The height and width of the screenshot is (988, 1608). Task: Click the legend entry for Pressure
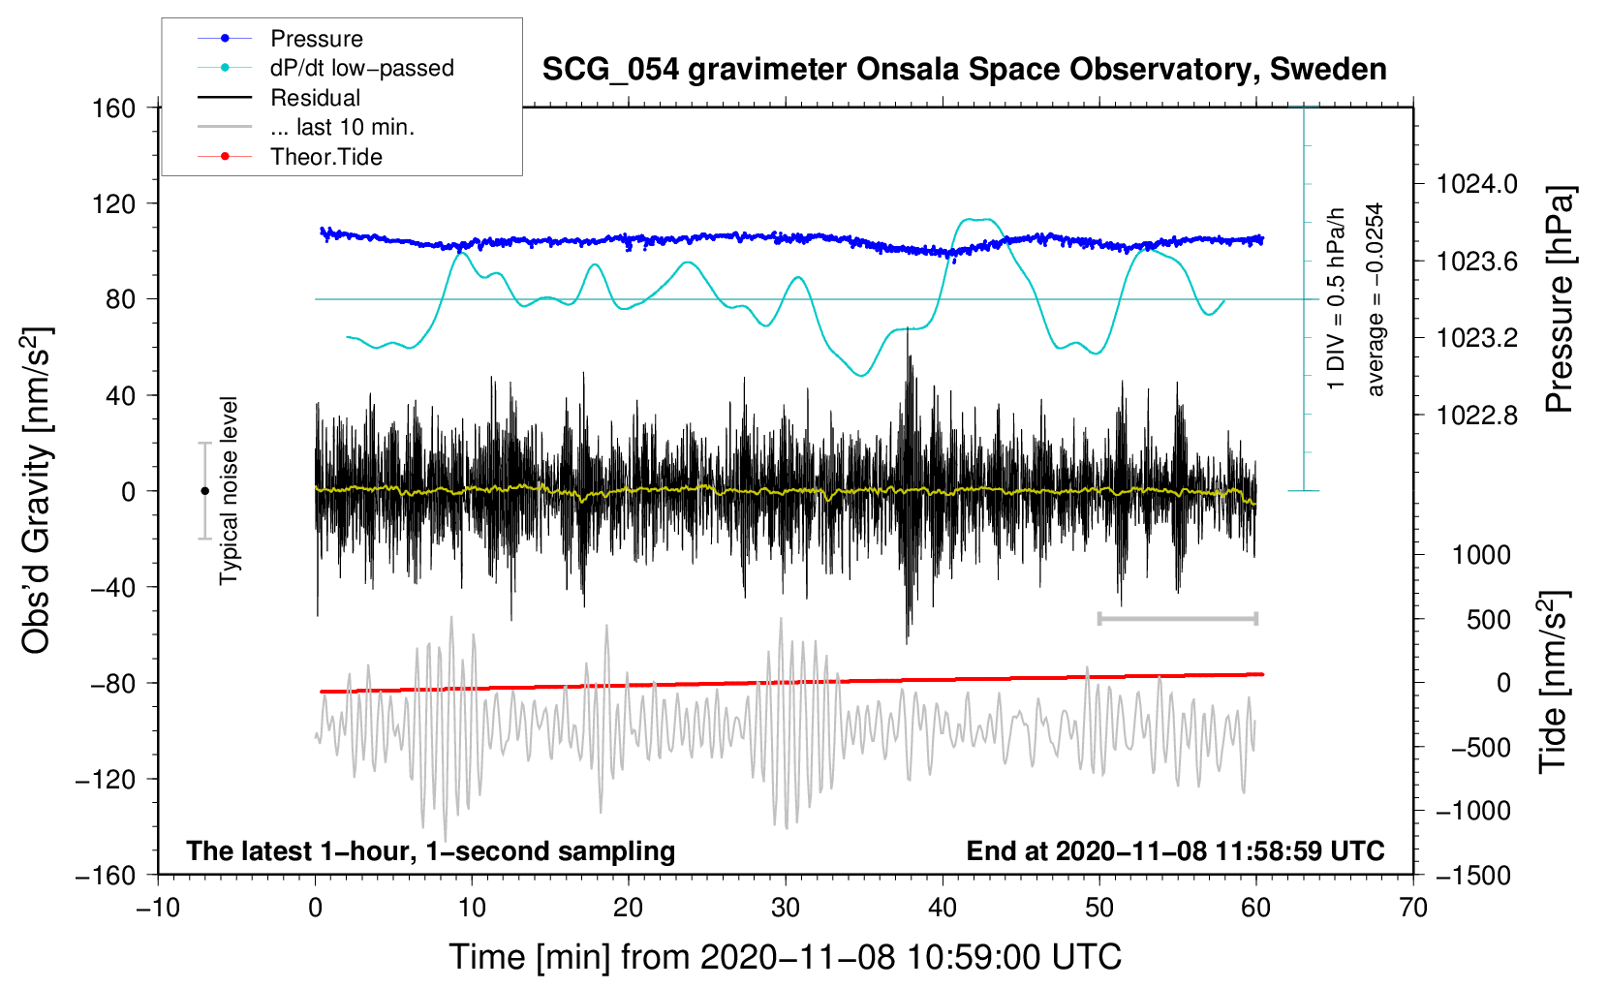coord(316,39)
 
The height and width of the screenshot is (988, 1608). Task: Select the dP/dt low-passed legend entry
coord(361,68)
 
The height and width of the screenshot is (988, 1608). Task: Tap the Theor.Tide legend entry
coord(325,157)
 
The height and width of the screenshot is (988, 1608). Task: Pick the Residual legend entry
coord(315,98)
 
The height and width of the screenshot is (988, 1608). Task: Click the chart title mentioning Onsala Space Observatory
coord(964,70)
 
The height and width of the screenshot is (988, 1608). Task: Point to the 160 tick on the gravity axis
coord(114,108)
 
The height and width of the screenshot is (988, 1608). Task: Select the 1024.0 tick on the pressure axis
coord(1476,184)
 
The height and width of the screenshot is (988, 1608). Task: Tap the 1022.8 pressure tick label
coord(1476,416)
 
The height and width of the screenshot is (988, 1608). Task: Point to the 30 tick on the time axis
coord(786,908)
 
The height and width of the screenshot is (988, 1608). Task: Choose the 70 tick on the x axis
coord(1413,908)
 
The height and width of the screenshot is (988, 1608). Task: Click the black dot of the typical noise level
coord(204,491)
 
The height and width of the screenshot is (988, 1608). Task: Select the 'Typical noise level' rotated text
coord(229,490)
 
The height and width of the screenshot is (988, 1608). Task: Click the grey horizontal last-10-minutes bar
coord(1177,618)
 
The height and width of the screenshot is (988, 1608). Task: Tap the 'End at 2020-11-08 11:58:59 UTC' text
coord(1175,850)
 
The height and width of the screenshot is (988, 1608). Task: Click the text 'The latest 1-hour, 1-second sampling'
coord(430,850)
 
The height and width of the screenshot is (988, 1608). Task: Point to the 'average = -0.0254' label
coord(1376,299)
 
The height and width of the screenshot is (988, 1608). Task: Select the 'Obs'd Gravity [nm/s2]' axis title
coord(37,490)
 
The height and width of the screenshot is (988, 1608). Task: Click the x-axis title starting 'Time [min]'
coord(785,957)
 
